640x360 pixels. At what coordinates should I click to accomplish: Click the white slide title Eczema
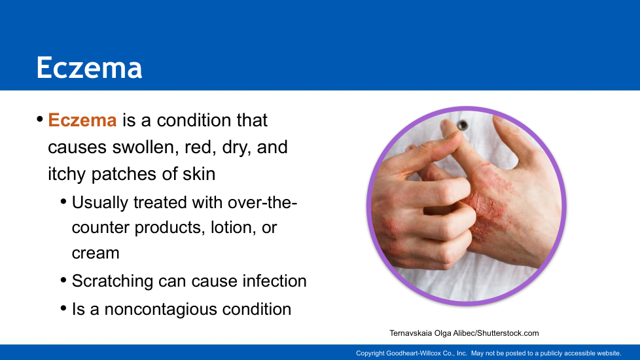(x=89, y=68)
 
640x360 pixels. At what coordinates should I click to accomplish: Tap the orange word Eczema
(x=82, y=120)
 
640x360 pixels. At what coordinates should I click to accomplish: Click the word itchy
(x=67, y=174)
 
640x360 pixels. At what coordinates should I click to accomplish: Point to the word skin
(x=199, y=174)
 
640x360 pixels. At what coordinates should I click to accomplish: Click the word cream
(x=96, y=253)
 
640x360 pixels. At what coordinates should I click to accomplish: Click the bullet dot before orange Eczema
(x=40, y=119)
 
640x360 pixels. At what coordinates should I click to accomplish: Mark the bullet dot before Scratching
(x=63, y=280)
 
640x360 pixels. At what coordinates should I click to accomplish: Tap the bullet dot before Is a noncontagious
(x=63, y=308)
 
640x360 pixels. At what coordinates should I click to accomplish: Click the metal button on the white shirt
(x=463, y=125)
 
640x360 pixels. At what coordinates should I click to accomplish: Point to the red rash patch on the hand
(x=488, y=200)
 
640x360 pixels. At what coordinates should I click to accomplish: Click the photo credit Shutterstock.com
(x=508, y=333)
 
